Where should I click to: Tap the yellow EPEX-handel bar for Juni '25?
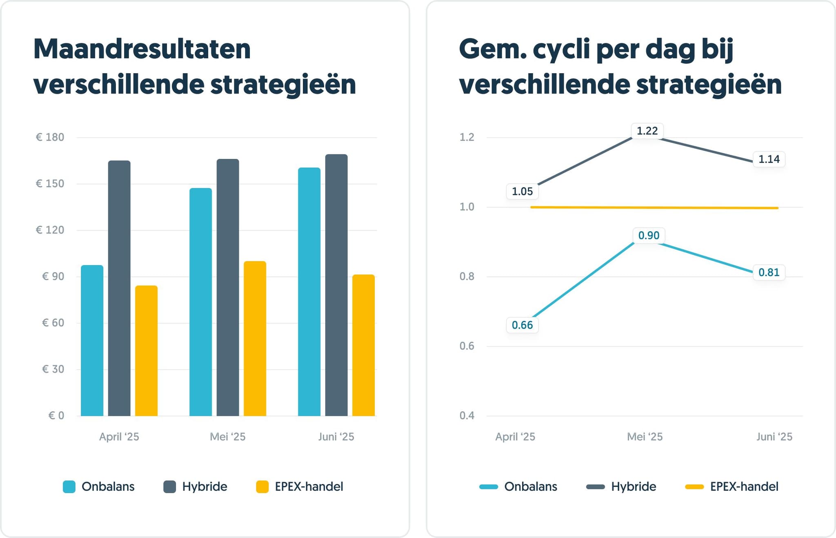[363, 345]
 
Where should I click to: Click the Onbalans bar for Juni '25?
[309, 292]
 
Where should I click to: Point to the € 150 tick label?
[50, 184]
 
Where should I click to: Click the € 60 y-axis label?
[53, 323]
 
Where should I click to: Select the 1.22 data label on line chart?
[647, 131]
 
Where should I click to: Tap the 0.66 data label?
[522, 325]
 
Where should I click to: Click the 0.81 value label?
[769, 272]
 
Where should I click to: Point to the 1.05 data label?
[522, 192]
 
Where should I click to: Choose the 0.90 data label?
[649, 236]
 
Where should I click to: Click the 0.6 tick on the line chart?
[467, 346]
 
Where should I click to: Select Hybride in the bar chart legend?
[204, 487]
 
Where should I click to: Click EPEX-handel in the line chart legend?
[744, 487]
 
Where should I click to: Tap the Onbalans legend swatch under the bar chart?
[69, 487]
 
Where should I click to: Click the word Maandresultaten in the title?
[142, 49]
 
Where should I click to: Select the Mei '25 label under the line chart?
[645, 437]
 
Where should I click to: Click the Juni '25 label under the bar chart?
[336, 437]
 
